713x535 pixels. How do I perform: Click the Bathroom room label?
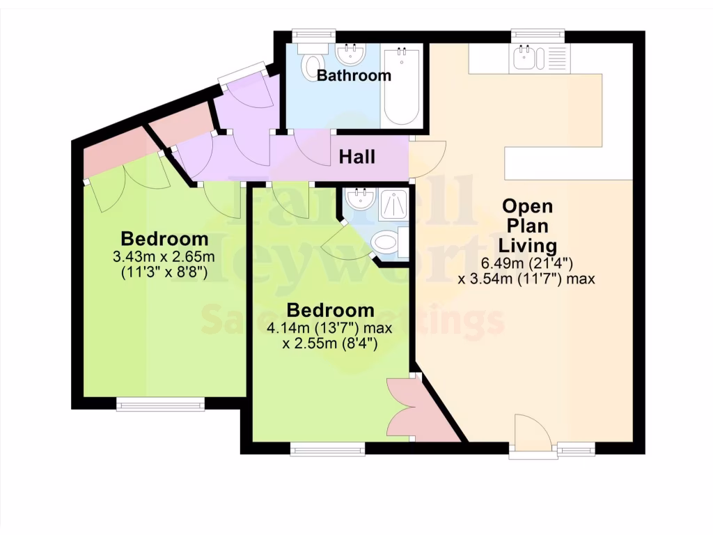pos(354,75)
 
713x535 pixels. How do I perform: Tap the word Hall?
pos(356,157)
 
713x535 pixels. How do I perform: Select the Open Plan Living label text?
pos(528,226)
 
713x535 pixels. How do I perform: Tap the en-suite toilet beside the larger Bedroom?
pos(385,244)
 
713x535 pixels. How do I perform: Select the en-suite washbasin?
pos(361,201)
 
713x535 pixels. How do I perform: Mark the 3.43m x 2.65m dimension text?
pos(164,256)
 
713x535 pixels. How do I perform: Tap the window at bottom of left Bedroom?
pos(160,404)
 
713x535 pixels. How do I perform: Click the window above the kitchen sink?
pos(537,34)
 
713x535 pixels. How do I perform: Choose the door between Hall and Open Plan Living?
pos(427,159)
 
